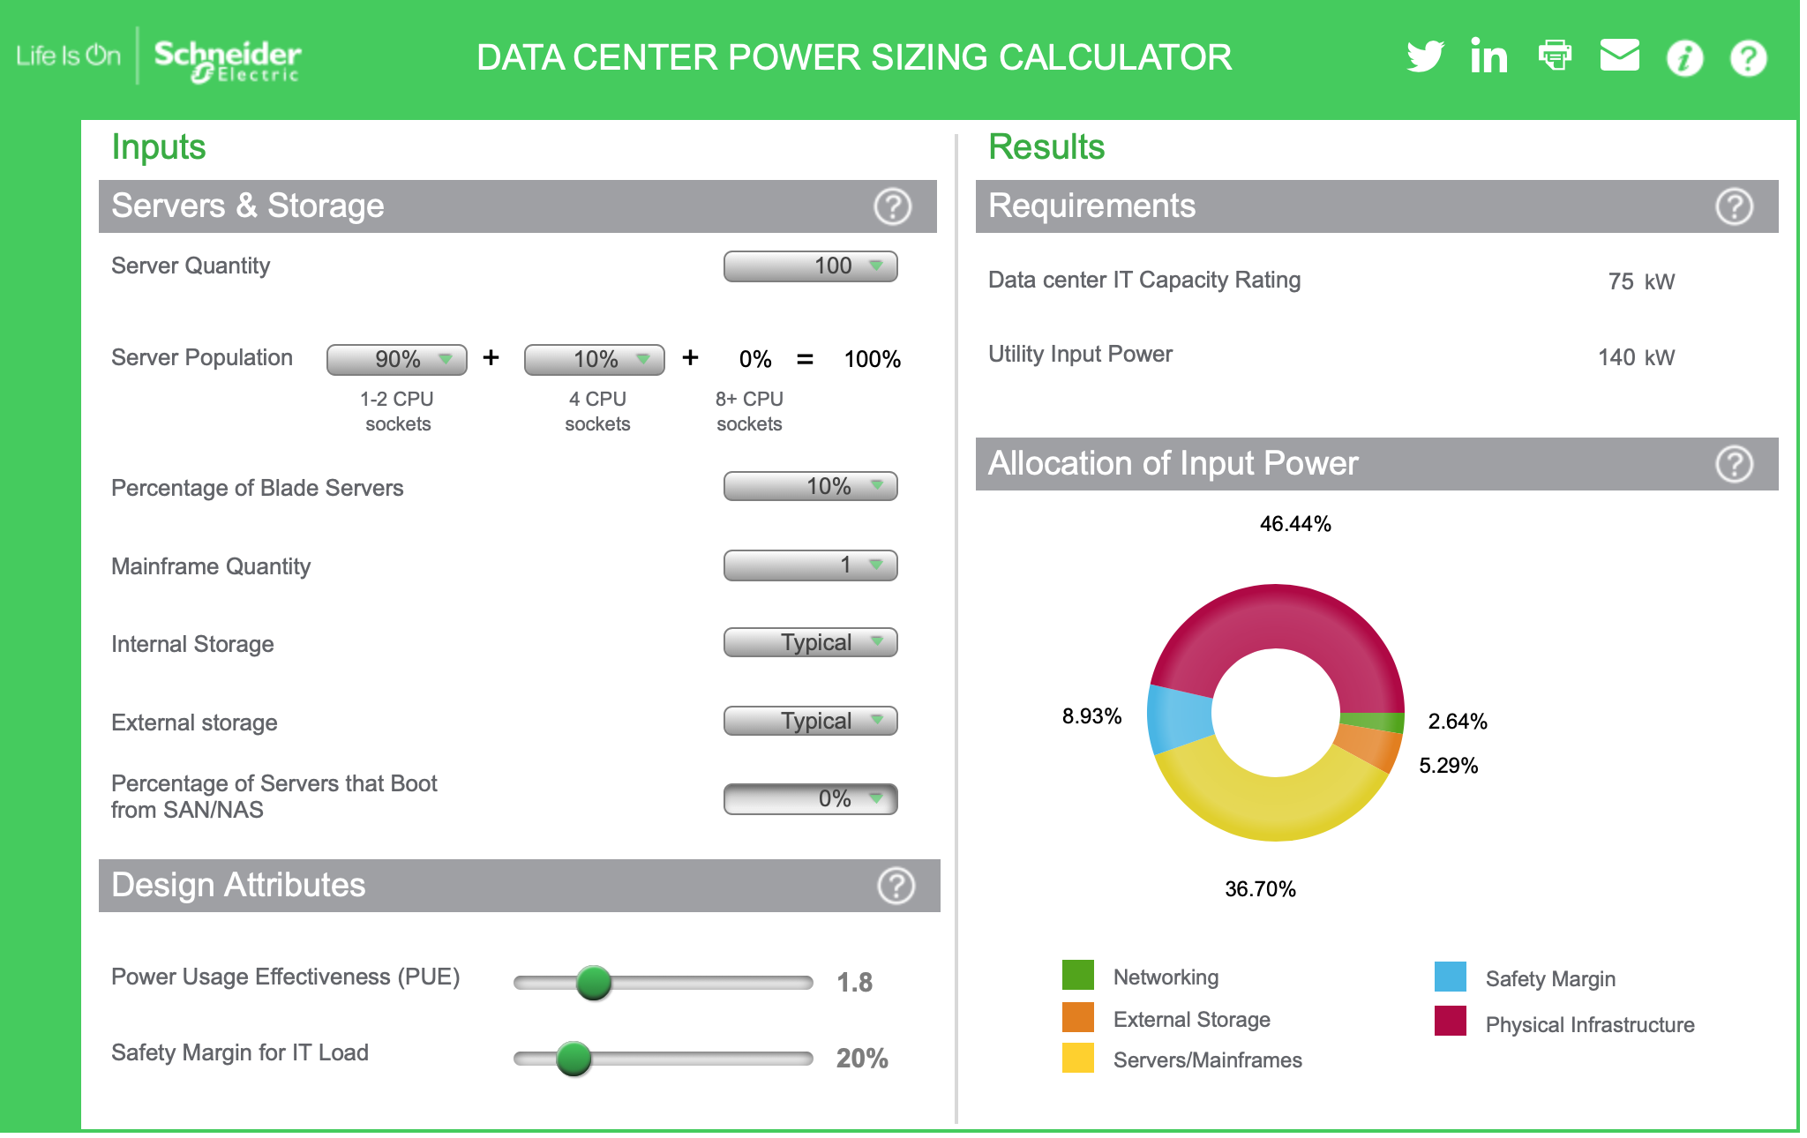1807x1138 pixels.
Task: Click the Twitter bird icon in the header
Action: (x=1425, y=56)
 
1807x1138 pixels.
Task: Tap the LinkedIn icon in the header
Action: (x=1488, y=56)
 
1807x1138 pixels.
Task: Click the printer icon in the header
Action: (x=1555, y=55)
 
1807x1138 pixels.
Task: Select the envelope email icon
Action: (x=1619, y=55)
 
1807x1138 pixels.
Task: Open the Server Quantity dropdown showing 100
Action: (x=810, y=266)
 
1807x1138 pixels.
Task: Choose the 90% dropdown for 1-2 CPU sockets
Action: (x=396, y=359)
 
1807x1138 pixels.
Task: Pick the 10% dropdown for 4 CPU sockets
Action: (x=594, y=359)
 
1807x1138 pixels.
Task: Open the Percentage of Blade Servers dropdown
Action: (x=810, y=486)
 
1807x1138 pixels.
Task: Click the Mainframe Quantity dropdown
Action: (x=810, y=565)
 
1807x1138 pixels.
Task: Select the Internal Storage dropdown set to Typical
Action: (x=810, y=642)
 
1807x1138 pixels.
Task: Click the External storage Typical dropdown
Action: (x=810, y=721)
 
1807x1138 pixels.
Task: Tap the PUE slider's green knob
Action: (x=594, y=982)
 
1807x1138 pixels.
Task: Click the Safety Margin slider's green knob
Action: (x=574, y=1058)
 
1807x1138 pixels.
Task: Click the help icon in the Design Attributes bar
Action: (x=896, y=886)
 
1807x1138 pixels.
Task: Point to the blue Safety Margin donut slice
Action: (x=1179, y=717)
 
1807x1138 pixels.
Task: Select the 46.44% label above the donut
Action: (x=1294, y=524)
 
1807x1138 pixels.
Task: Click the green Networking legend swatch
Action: (x=1077, y=976)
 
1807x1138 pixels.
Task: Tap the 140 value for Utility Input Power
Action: (x=1616, y=357)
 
